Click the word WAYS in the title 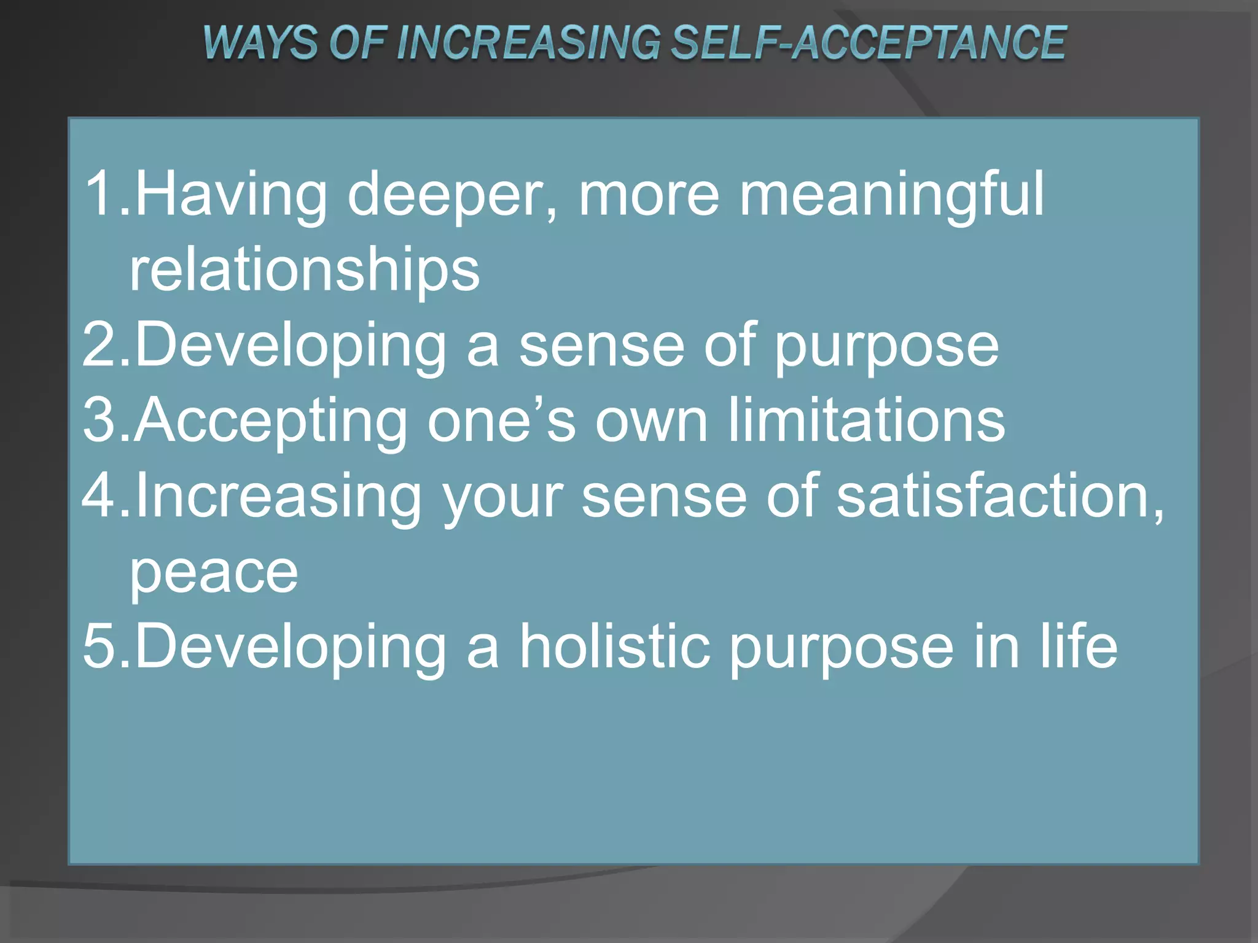click(260, 43)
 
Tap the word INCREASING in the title click(529, 43)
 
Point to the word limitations click(866, 421)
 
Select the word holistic click(614, 646)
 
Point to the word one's click(501, 421)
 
